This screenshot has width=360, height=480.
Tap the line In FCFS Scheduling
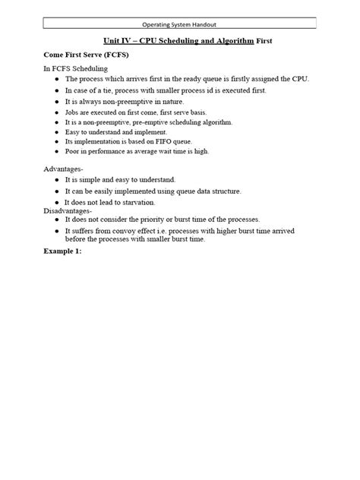click(75, 69)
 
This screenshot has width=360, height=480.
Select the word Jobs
click(73, 112)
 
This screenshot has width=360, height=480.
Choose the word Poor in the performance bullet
click(73, 151)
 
